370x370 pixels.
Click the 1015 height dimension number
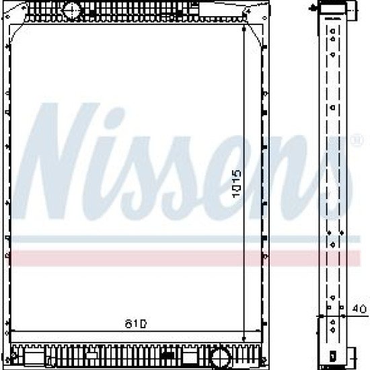[236, 184]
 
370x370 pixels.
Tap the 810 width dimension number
[136, 324]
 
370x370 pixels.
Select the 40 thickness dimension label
[359, 309]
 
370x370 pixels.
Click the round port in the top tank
[72, 11]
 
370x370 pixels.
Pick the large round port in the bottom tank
[221, 358]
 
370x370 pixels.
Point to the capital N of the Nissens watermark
[57, 161]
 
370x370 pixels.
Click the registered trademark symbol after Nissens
[357, 141]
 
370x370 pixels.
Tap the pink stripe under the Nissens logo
[185, 258]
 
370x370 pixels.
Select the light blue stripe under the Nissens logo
[185, 239]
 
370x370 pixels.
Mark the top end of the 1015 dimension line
[244, 28]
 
